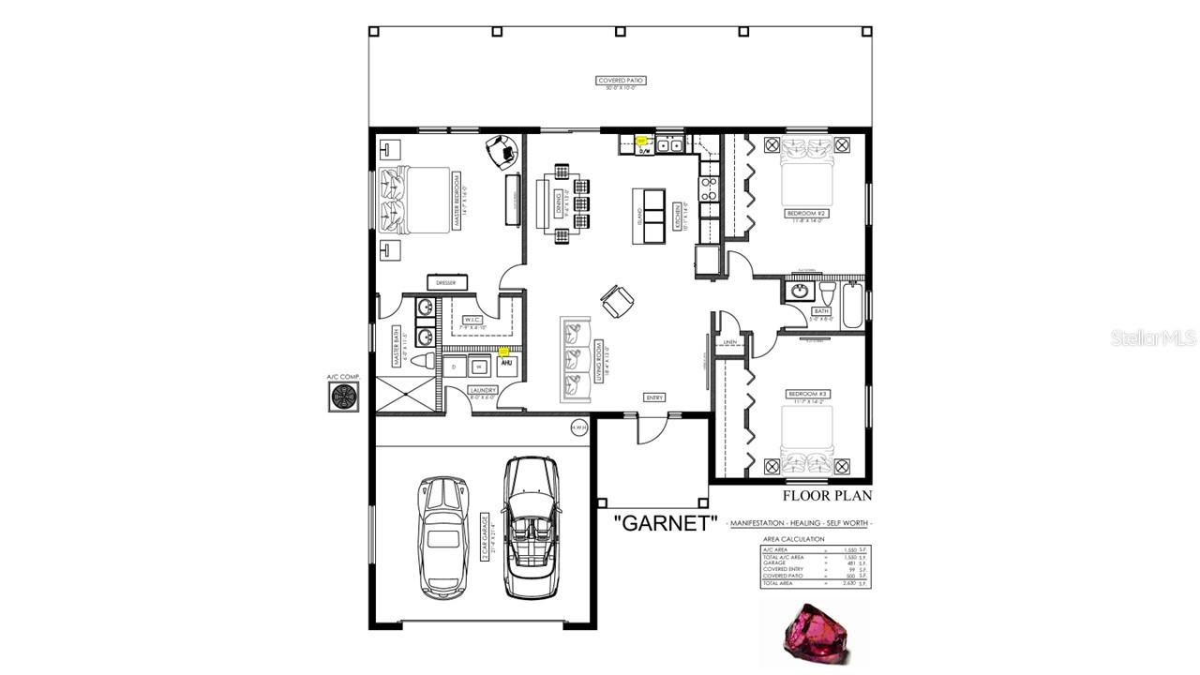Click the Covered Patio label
click(x=621, y=81)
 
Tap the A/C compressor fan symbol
click(x=343, y=397)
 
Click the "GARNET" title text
click(x=666, y=523)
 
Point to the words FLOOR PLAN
click(x=827, y=496)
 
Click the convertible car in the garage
click(x=532, y=527)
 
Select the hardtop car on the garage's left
click(x=442, y=537)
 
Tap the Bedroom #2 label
click(x=806, y=214)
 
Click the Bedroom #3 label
click(x=806, y=394)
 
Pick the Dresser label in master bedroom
click(x=446, y=282)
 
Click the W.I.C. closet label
click(x=472, y=320)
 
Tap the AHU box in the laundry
click(x=506, y=364)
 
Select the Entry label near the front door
click(x=654, y=397)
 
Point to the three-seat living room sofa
click(x=576, y=359)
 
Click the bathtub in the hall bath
click(x=852, y=306)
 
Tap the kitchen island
click(x=649, y=216)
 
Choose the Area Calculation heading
click(x=793, y=539)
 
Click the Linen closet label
click(x=731, y=342)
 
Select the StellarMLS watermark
click(x=1153, y=337)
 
